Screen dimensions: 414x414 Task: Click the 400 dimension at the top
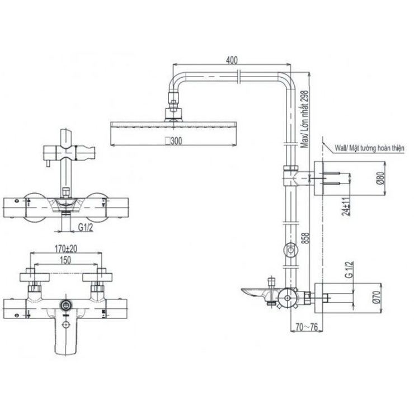point(232,60)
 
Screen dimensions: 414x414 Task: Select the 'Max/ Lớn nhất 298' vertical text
point(305,119)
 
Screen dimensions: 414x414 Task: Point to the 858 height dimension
point(305,239)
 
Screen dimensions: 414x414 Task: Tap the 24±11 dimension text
point(346,206)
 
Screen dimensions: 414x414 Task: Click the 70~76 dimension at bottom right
point(307,327)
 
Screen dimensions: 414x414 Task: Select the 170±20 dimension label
point(66,249)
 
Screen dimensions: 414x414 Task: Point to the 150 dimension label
point(65,260)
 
